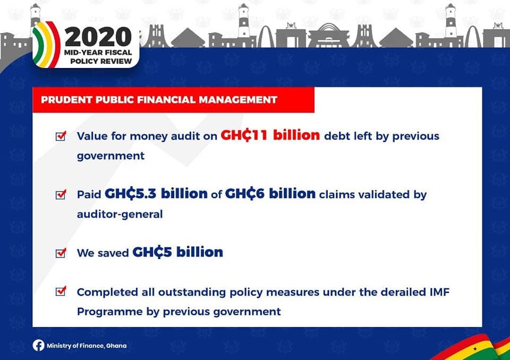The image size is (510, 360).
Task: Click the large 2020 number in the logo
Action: click(x=98, y=37)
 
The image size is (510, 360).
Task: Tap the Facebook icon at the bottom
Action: click(x=38, y=345)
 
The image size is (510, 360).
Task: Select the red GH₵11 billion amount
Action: click(x=270, y=135)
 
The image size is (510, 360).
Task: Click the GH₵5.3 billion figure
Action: click(x=156, y=194)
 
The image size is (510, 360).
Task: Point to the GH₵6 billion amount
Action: click(x=270, y=194)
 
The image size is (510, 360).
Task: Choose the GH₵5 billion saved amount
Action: click(x=177, y=252)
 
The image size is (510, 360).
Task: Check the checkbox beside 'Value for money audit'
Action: click(x=61, y=136)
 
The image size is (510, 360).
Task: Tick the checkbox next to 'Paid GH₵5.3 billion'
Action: click(x=61, y=194)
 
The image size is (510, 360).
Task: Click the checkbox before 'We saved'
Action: click(x=61, y=253)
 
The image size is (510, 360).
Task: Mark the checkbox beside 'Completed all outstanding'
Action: click(x=61, y=291)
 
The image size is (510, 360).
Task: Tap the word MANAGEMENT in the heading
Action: click(x=238, y=99)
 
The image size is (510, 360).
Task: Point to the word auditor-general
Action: click(x=120, y=215)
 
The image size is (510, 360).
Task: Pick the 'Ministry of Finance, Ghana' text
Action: click(x=87, y=346)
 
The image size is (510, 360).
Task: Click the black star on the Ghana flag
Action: click(x=475, y=349)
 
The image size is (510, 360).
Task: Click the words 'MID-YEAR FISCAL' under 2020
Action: click(x=98, y=53)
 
